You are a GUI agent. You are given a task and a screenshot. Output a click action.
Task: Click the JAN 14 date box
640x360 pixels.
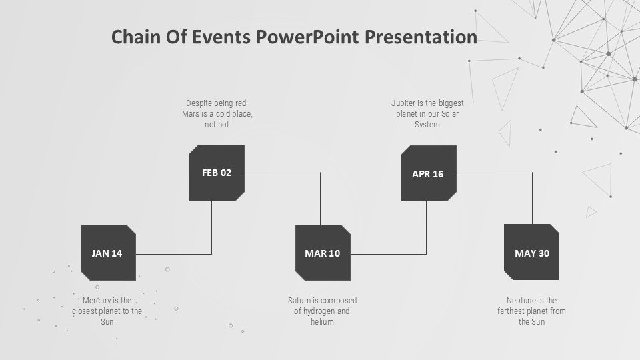[108, 253]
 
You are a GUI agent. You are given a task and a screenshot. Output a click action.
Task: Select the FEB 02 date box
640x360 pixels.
[216, 173]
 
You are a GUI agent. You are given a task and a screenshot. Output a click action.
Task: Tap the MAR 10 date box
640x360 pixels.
[323, 253]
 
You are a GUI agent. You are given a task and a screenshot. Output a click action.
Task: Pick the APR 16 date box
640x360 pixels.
[429, 173]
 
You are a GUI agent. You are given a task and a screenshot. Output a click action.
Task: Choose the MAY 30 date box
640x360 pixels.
[531, 252]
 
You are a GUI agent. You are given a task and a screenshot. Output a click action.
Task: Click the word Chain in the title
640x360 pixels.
[135, 37]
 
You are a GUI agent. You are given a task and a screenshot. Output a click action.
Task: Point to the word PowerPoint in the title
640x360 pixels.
[307, 37]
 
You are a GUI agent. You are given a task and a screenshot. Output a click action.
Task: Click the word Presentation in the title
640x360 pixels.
[421, 37]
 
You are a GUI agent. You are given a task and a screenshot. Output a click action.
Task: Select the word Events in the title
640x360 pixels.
[221, 37]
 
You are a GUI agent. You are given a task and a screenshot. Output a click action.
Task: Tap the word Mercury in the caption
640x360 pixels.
[95, 301]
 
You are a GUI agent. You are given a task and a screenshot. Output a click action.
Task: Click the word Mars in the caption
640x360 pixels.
[191, 114]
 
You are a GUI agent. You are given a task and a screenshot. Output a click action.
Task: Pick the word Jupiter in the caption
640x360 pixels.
[403, 103]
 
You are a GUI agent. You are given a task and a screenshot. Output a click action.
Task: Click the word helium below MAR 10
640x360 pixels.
[322, 321]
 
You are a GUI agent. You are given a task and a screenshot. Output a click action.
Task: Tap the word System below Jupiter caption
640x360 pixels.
[427, 125]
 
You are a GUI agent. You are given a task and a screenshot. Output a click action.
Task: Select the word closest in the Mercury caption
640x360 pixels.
[85, 311]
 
